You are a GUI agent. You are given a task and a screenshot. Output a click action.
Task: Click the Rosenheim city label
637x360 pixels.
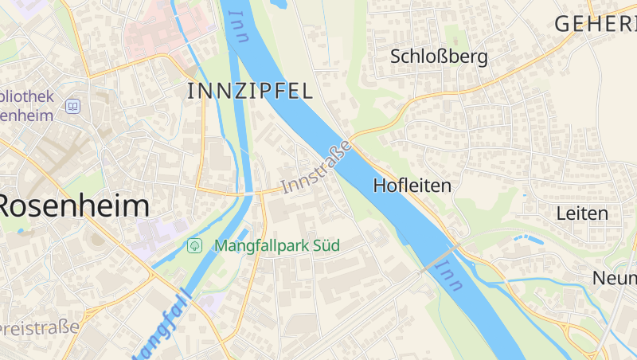point(74,205)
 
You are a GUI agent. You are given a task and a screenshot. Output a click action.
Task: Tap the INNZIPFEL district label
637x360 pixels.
point(249,91)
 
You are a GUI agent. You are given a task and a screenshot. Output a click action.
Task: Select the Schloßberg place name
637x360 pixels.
point(439,57)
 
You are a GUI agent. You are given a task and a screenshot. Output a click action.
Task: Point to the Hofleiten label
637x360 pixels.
point(412,186)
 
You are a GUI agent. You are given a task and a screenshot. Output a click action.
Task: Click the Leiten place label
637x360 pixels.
point(582,213)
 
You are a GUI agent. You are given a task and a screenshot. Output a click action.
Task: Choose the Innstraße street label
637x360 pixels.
point(316,168)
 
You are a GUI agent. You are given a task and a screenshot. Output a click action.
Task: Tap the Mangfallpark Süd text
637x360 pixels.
point(276,245)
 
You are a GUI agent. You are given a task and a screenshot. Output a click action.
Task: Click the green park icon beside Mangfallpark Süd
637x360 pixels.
point(193,245)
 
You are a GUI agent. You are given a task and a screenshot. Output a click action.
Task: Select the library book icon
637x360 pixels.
point(73,106)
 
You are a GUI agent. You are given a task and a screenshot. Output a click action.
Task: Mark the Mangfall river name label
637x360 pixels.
point(162,326)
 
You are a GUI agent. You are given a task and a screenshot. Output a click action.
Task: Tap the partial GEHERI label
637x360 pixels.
point(596,24)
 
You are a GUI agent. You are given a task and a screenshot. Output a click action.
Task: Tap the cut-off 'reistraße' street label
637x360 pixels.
point(40,327)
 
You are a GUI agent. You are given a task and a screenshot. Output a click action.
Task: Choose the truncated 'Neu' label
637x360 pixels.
point(616,278)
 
